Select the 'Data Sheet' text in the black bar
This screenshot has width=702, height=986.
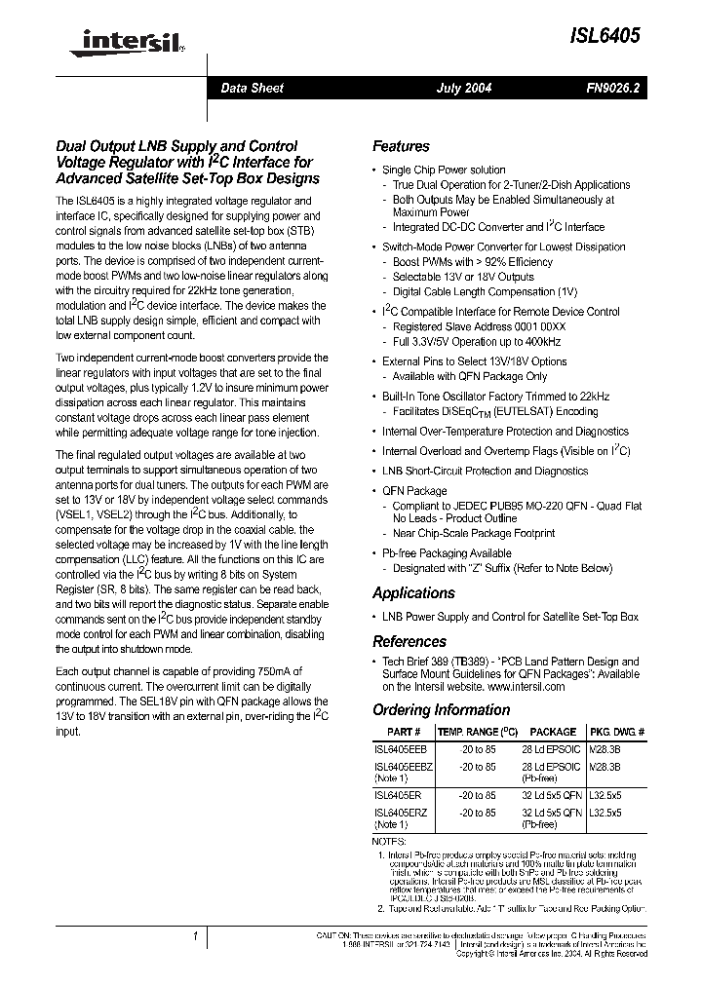point(252,88)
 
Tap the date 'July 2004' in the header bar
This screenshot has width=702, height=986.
point(463,88)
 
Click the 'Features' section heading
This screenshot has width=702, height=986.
point(401,146)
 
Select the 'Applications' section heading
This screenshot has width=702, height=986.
point(413,592)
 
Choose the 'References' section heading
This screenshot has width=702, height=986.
point(409,641)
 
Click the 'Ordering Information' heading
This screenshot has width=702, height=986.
point(441,709)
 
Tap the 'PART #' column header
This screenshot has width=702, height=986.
point(404,732)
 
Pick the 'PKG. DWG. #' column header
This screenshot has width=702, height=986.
point(616,732)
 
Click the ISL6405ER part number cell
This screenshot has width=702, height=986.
point(399,795)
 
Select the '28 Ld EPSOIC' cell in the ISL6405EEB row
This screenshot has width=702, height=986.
point(552,751)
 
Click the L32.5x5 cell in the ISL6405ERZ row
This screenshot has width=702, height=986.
point(605,813)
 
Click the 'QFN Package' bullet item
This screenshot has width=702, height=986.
point(414,491)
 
